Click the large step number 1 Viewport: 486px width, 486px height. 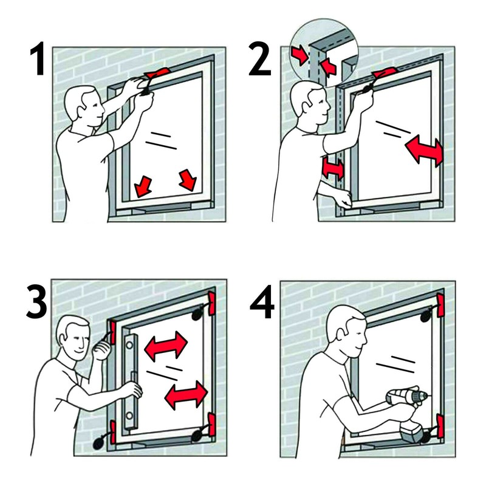click(38, 58)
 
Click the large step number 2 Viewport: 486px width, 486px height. click(260, 59)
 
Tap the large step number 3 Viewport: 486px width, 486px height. click(36, 301)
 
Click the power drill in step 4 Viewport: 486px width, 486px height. click(409, 412)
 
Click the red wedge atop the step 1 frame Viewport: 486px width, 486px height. click(157, 73)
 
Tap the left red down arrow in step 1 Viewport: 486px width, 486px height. click(143, 186)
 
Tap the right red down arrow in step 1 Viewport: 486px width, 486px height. click(188, 180)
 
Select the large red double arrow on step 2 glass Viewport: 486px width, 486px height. click(424, 151)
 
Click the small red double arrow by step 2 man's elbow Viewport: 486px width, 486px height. click(333, 169)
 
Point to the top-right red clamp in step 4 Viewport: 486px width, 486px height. click(440, 305)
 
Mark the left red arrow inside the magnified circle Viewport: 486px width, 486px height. click(300, 55)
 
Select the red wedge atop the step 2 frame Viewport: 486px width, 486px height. click(385, 72)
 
